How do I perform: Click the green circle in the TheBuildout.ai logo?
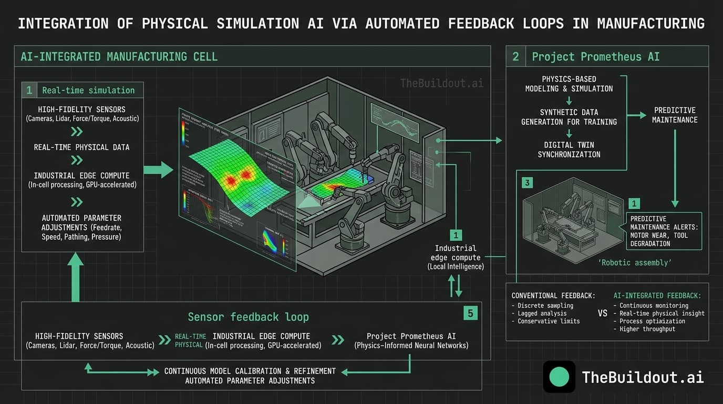coord(559,377)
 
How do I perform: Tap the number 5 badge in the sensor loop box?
coord(470,314)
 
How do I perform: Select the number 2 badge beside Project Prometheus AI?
coord(515,56)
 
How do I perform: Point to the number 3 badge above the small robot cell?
coord(528,183)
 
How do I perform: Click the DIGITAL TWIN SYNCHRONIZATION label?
coord(569,150)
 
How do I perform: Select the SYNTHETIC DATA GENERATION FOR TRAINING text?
coord(569,117)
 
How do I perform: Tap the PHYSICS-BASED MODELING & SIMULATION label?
coord(569,84)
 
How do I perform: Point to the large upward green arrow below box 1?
coord(75,277)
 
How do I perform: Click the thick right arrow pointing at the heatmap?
coord(158,170)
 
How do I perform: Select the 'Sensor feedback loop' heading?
coord(248,317)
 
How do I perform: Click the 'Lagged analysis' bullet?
coord(542,313)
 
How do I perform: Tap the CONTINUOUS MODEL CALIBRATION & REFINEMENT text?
coord(250,371)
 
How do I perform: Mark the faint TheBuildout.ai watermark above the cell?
coord(441,83)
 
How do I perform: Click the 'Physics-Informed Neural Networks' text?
coord(411,346)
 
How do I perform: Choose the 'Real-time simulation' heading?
coord(88,90)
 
